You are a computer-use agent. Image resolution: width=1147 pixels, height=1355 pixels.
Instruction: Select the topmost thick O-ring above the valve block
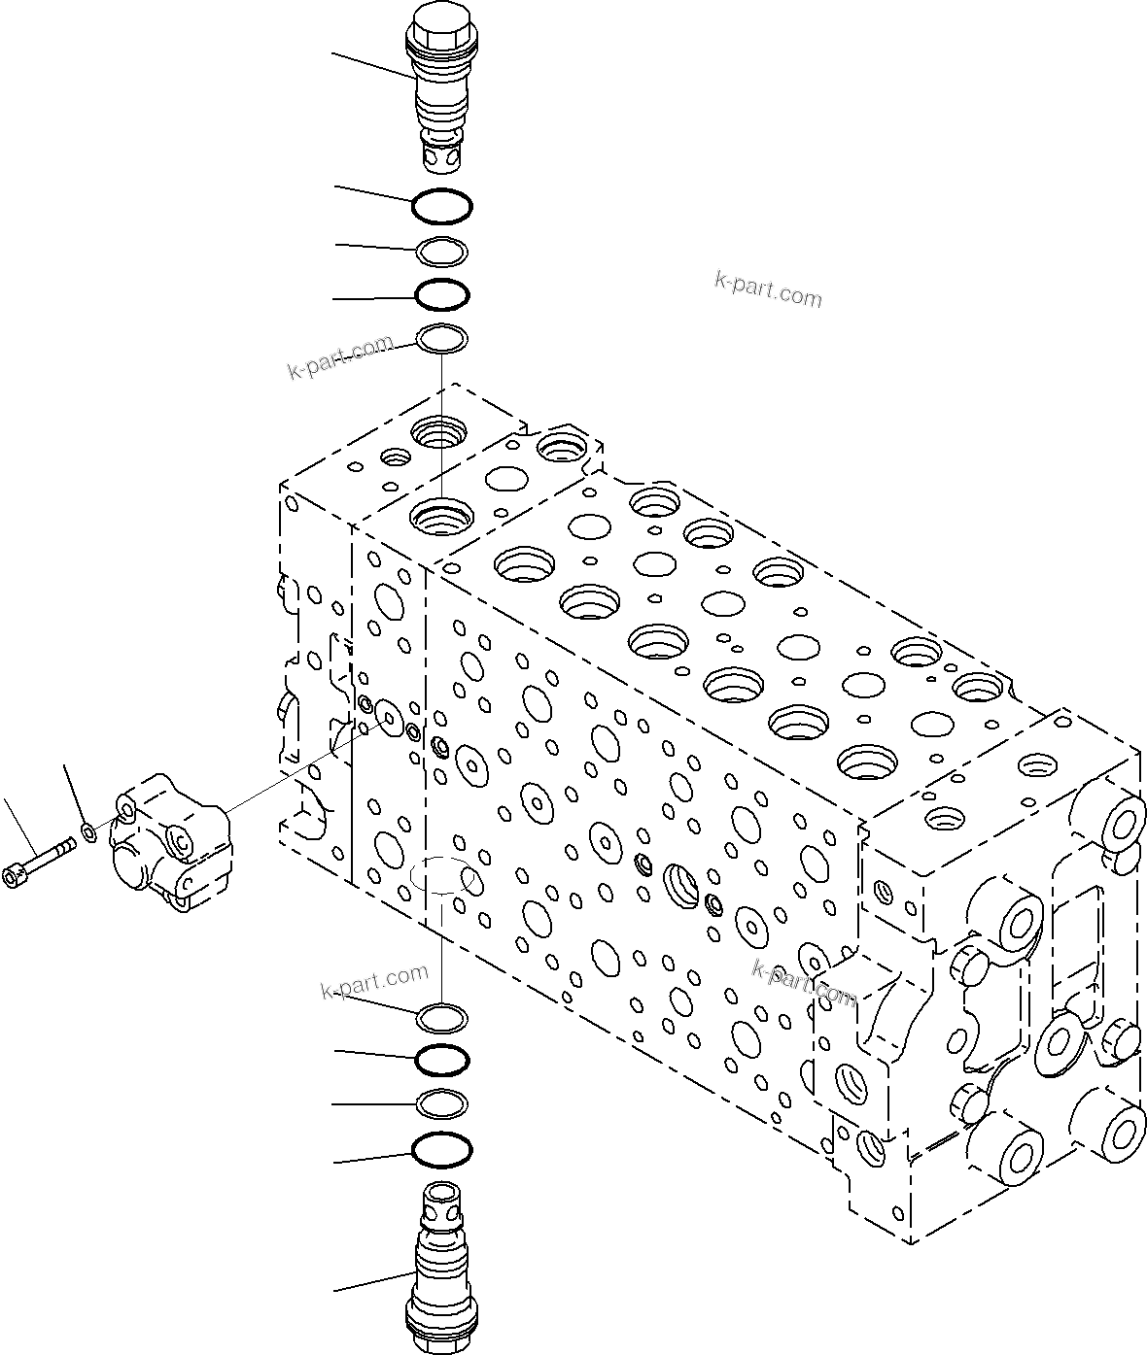pyautogui.click(x=442, y=205)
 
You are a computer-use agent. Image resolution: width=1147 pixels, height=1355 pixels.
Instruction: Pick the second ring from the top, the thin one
pyautogui.click(x=442, y=252)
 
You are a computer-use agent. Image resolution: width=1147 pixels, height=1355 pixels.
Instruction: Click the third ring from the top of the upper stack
pyautogui.click(x=442, y=292)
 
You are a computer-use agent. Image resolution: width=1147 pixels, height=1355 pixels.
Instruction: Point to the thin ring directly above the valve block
pyautogui.click(x=442, y=339)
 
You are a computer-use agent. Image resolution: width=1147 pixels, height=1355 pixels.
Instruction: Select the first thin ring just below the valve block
pyautogui.click(x=442, y=1018)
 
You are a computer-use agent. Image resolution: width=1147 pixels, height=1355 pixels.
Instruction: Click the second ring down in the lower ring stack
pyautogui.click(x=442, y=1060)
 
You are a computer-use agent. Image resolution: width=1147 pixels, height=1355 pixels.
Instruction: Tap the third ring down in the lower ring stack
pyautogui.click(x=442, y=1102)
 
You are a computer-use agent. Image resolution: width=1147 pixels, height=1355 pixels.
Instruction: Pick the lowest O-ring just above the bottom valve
pyautogui.click(x=442, y=1150)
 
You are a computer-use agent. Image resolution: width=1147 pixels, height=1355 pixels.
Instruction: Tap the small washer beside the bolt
pyautogui.click(x=90, y=830)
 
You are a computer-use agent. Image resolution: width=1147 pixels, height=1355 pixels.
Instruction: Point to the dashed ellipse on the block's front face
pyautogui.click(x=442, y=877)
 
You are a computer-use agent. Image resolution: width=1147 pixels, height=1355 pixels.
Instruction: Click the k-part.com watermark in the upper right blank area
pyautogui.click(x=768, y=289)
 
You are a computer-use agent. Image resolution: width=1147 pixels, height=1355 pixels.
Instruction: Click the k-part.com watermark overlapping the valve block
pyautogui.click(x=804, y=982)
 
